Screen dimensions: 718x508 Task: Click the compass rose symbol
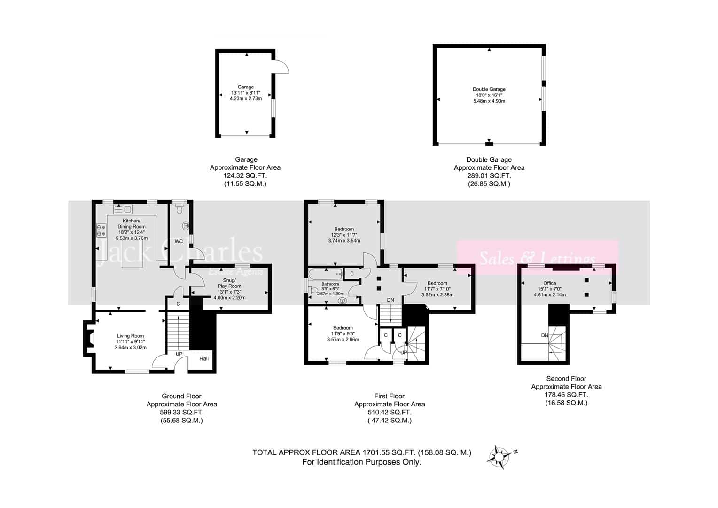pyautogui.click(x=499, y=457)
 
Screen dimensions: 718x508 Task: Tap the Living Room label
pyautogui.click(x=130, y=336)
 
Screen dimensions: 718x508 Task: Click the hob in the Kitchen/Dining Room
pyautogui.click(x=101, y=230)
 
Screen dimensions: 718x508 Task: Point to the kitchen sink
pyautogui.click(x=123, y=210)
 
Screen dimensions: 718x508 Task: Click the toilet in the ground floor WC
pyautogui.click(x=179, y=209)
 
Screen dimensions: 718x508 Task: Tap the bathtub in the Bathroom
pyautogui.click(x=325, y=274)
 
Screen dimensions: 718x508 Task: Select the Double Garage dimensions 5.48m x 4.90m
pyautogui.click(x=489, y=101)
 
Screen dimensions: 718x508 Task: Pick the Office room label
pyautogui.click(x=549, y=283)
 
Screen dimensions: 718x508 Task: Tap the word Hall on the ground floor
pyautogui.click(x=204, y=358)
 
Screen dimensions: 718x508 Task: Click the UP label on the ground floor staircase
pyautogui.click(x=179, y=354)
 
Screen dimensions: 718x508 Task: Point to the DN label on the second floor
pyautogui.click(x=545, y=335)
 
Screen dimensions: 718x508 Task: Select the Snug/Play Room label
pyautogui.click(x=229, y=283)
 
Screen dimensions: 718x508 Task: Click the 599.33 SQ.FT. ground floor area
pyautogui.click(x=182, y=413)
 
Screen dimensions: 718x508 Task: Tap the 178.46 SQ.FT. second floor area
pyautogui.click(x=566, y=395)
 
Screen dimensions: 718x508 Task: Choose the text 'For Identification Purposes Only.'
pyautogui.click(x=361, y=462)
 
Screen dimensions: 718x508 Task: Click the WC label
pyautogui.click(x=179, y=241)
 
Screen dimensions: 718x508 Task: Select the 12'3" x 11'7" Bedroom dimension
pyautogui.click(x=344, y=235)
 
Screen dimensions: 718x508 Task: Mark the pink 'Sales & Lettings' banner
pyautogui.click(x=538, y=258)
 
